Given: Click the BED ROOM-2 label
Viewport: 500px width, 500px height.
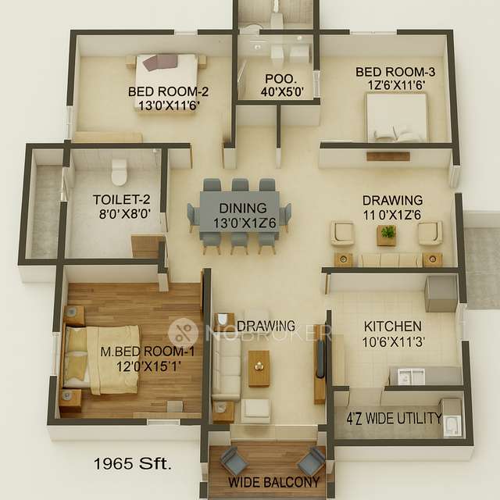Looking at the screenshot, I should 168,91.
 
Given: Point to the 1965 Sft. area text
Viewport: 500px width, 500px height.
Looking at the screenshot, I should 132,463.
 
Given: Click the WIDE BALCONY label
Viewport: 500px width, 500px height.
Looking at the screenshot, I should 268,482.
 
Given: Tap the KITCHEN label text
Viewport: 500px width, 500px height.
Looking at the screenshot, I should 392,326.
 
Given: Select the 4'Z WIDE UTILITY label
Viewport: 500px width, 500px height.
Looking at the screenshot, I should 393,417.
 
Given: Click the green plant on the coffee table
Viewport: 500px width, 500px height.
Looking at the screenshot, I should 387,232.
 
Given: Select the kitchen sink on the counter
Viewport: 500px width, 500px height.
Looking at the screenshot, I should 411,377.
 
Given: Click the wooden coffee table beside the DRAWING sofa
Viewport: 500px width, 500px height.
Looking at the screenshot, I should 259,367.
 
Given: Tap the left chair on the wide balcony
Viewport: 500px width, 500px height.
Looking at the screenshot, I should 232,460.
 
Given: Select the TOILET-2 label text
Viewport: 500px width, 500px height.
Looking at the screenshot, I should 117,199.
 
